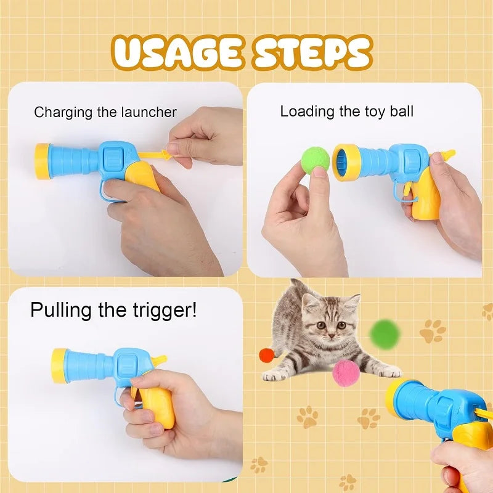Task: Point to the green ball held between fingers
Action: [315, 160]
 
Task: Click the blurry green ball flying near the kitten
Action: [385, 333]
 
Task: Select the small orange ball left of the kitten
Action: [266, 356]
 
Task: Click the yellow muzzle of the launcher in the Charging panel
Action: [43, 161]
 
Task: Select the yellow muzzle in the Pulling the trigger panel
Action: [59, 365]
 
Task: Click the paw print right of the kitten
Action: [433, 331]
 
